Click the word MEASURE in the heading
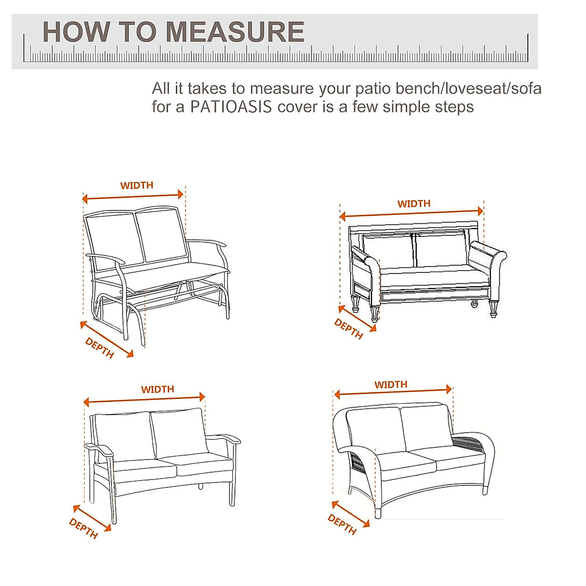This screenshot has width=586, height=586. tap(235, 32)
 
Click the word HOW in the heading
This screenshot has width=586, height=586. tap(76, 32)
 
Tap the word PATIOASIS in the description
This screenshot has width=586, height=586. tap(231, 107)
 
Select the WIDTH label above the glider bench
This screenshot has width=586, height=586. tap(137, 186)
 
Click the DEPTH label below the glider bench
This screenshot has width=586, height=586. tap(100, 348)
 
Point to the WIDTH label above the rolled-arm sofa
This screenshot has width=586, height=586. tap(414, 204)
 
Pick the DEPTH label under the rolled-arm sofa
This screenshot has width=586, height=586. tap(349, 329)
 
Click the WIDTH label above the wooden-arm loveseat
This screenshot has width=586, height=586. tap(157, 389)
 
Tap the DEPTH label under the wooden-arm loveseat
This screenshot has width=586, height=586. tap(84, 528)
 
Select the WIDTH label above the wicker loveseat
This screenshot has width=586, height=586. tap(391, 385)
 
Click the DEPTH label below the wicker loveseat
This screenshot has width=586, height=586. tap(342, 524)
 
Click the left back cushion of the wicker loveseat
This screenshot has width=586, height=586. tap(375, 430)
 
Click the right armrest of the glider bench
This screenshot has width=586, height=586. tap(208, 243)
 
